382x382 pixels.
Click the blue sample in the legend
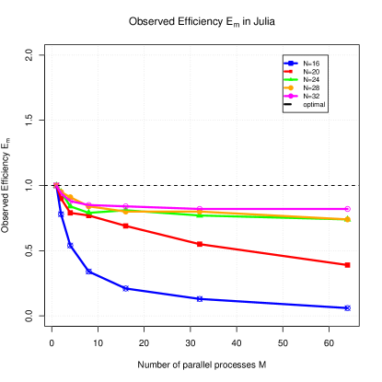click(291, 63)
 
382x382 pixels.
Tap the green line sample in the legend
click(291, 79)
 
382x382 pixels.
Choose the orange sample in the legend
click(290, 87)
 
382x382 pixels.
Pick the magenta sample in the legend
click(291, 96)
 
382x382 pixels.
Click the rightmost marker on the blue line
click(347, 308)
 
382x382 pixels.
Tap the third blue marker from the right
click(126, 288)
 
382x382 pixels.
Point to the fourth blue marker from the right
click(89, 272)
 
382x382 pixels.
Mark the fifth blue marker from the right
click(71, 245)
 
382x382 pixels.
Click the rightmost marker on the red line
click(347, 265)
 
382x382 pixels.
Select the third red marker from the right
click(126, 226)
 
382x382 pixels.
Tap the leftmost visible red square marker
click(71, 213)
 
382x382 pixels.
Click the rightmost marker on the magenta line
click(347, 209)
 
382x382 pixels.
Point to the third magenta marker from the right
click(126, 207)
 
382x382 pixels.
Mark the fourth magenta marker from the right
click(89, 204)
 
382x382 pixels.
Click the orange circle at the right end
click(347, 220)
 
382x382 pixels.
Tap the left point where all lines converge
click(55, 185)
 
